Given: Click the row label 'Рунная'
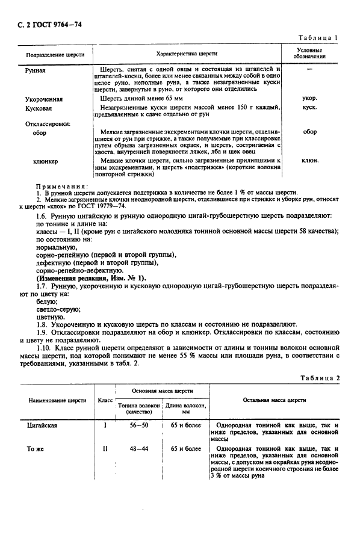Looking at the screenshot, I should [x=36, y=70].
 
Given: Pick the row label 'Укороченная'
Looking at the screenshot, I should [x=44, y=99].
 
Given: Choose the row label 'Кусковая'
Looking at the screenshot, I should [x=39, y=108].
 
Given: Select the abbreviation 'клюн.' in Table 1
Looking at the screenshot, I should [x=309, y=161].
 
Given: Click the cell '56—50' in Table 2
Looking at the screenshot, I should [x=138, y=425].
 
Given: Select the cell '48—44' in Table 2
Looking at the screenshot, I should [x=138, y=449].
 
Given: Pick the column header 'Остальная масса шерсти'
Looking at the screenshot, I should [x=274, y=400].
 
